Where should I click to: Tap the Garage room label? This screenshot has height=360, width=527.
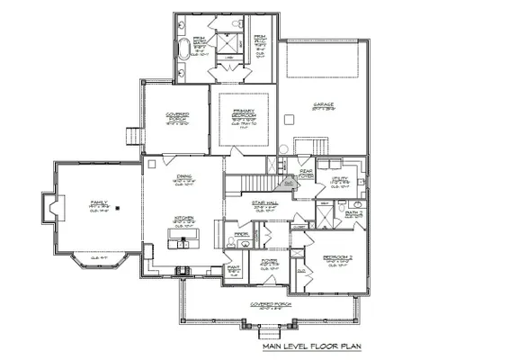tap(323, 105)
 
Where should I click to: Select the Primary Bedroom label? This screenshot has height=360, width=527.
tap(244, 114)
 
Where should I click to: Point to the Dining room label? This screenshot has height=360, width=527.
tap(183, 178)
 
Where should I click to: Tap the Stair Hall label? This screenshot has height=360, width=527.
tap(264, 205)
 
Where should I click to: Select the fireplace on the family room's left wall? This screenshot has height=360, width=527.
tap(57, 210)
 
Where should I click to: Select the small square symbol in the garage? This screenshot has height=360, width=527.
tap(287, 118)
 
